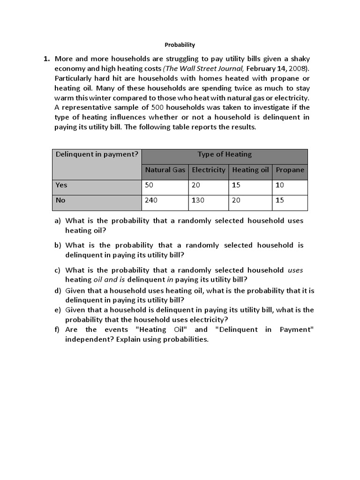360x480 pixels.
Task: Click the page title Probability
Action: (180, 45)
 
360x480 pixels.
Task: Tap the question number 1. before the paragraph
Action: (46, 59)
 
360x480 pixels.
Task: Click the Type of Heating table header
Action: (225, 154)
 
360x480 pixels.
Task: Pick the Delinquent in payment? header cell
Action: (97, 154)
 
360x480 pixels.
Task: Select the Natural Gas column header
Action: (165, 170)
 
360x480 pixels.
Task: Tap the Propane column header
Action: (290, 170)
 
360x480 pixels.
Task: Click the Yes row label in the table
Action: (61, 185)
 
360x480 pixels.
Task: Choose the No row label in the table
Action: (60, 200)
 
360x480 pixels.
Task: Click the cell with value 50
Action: (149, 185)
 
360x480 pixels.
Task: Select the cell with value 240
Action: (151, 200)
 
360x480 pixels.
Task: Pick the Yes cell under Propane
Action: (280, 185)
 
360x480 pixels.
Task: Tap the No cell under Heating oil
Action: (236, 200)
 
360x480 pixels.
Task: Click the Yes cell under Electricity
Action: (195, 185)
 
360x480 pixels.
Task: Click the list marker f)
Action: (58, 330)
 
